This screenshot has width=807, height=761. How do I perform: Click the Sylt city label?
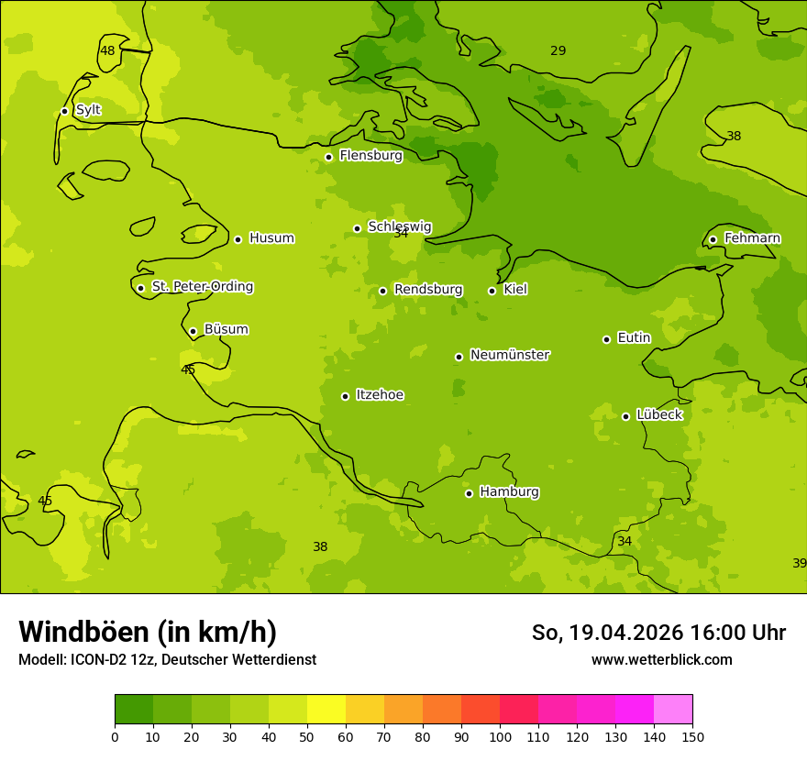[x=88, y=110]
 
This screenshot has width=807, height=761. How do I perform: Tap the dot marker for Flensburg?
[x=328, y=157]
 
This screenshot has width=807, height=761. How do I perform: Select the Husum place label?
[x=271, y=238]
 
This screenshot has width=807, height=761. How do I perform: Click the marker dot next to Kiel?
[x=492, y=291]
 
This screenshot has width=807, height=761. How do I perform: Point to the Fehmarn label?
[x=752, y=238]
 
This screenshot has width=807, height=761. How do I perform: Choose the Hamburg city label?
[x=509, y=492]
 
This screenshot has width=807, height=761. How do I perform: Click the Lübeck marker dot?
[x=625, y=416]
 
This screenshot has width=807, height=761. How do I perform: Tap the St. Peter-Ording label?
[x=202, y=287]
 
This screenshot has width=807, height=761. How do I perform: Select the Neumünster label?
[x=510, y=355]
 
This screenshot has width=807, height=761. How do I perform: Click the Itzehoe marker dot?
[x=345, y=396]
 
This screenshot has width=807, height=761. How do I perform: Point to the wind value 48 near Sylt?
[x=108, y=51]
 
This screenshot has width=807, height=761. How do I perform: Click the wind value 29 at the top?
[x=558, y=51]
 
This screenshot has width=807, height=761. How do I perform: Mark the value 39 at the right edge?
[x=799, y=563]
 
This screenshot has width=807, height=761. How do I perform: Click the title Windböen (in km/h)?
[x=148, y=632]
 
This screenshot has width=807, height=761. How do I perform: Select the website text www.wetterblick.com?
[x=661, y=659]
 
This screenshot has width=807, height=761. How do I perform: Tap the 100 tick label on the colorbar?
[x=500, y=736]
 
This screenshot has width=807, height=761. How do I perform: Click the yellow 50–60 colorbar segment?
[x=326, y=709]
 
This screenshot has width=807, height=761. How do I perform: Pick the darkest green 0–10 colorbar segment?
[x=134, y=709]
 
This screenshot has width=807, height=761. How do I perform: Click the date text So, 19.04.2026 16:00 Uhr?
[x=658, y=633]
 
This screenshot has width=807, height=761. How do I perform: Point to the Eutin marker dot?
[x=606, y=339]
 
